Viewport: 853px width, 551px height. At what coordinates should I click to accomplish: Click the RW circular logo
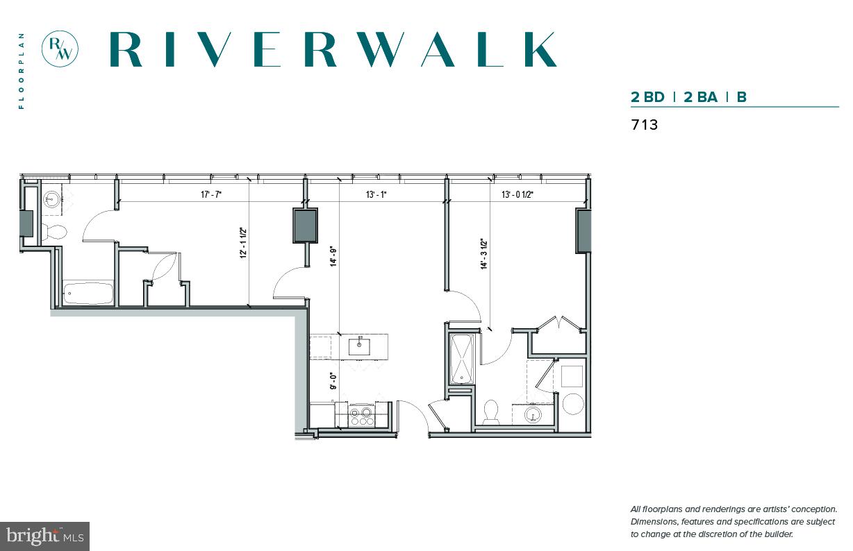click(x=60, y=49)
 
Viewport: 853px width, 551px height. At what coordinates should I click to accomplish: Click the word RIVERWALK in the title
click(x=333, y=49)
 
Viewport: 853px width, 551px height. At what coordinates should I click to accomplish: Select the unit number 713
click(x=644, y=126)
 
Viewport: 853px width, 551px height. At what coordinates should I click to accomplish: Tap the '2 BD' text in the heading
click(x=647, y=97)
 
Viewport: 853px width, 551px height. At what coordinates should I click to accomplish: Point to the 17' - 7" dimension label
click(x=211, y=195)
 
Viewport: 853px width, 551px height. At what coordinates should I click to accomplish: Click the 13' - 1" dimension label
click(x=376, y=195)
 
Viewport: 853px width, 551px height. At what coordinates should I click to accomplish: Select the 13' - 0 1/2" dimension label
click(x=517, y=195)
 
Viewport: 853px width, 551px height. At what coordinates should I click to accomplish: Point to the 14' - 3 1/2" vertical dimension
click(x=484, y=254)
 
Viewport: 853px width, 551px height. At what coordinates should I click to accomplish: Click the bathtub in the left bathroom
click(x=88, y=294)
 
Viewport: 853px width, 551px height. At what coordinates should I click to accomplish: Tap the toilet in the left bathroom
click(x=53, y=232)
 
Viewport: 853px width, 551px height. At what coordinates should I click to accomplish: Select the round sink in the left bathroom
click(x=51, y=201)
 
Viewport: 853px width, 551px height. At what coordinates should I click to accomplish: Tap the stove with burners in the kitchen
click(x=361, y=415)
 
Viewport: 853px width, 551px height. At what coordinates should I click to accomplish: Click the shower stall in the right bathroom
click(x=462, y=359)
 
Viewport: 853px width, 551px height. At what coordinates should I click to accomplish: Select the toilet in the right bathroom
click(x=492, y=412)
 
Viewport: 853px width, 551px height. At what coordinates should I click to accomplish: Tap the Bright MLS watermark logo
click(x=44, y=536)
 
